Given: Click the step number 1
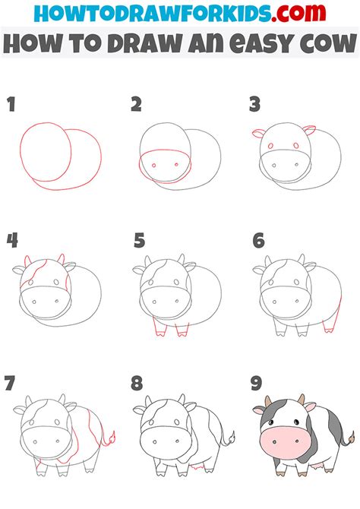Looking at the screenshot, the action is click(11, 105).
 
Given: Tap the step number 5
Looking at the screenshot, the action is click(139, 241).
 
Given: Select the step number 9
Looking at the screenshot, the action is click(257, 383).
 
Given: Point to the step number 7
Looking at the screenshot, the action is click(10, 383).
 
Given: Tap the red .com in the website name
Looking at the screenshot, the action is click(298, 13).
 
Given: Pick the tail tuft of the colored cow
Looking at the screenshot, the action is click(351, 438).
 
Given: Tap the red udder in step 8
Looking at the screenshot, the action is click(197, 467).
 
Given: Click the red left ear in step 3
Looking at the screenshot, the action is click(258, 133).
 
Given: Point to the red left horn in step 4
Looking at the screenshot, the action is click(27, 261).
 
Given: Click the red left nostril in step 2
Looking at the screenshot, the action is click(154, 165).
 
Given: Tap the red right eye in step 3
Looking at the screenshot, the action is click(296, 145).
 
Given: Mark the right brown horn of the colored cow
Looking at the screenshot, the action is click(302, 399).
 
